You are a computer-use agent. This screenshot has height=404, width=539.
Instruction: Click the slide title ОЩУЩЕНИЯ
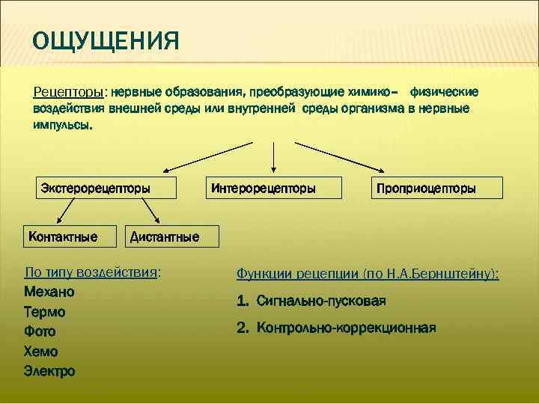coord(106,39)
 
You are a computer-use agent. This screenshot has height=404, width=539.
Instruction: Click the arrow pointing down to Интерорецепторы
coord(275,158)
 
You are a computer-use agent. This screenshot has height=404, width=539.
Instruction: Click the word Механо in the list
coord(49,292)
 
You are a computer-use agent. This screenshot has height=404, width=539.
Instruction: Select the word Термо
coord(45,312)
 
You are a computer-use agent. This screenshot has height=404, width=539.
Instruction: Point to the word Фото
coord(40,331)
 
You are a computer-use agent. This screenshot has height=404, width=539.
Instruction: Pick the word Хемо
coord(41,352)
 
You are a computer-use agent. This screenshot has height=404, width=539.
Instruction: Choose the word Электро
coord(49,371)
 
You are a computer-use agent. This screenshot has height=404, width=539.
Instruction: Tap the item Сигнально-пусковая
coord(320,302)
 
